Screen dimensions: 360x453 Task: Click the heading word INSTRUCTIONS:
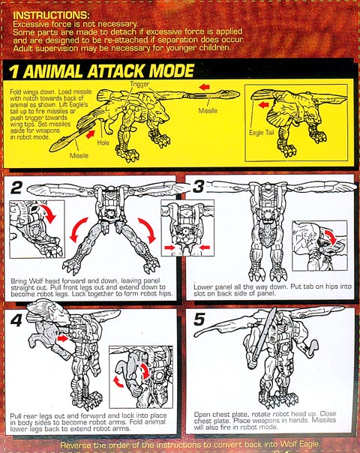(51, 15)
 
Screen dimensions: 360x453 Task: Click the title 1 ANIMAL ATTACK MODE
(101, 71)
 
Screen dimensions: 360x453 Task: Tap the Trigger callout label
(139, 84)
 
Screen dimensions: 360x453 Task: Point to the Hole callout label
(103, 142)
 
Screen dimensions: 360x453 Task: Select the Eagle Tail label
(262, 133)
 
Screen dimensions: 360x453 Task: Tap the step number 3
(199, 186)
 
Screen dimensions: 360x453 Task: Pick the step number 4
(16, 319)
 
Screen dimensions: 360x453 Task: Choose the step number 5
(199, 319)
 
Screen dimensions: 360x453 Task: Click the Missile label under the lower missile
(79, 155)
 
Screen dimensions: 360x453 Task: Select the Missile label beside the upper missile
(208, 110)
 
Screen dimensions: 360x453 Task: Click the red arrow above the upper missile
(204, 87)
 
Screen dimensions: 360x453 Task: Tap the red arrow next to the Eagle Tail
(263, 104)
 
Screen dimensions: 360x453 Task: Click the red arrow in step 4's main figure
(62, 338)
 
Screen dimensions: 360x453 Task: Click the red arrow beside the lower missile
(90, 134)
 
